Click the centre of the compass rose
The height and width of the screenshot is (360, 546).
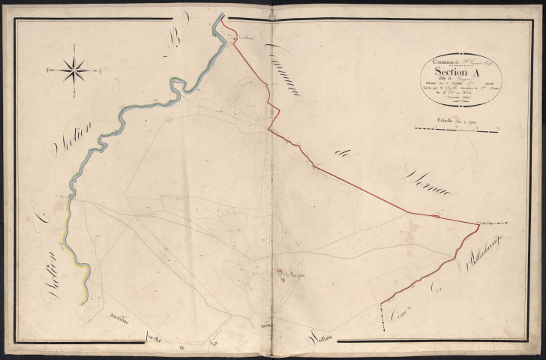tap(73, 70)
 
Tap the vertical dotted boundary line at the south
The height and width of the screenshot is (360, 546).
tap(382, 319)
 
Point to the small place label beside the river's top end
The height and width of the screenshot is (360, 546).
tap(247, 37)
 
